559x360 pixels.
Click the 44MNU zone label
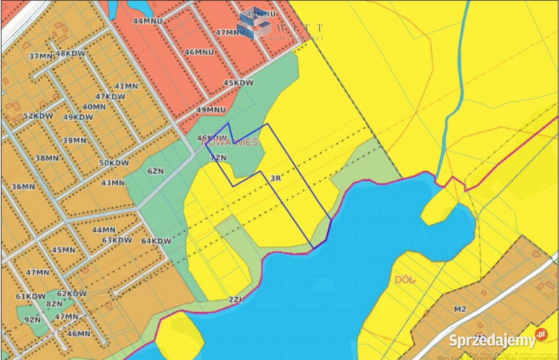tap(147, 20)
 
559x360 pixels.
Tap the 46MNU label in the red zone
tap(199, 52)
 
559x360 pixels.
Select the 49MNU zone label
tap(211, 110)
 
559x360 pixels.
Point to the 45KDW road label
tap(239, 83)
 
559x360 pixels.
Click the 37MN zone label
tap(41, 57)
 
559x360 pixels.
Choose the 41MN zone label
tap(126, 86)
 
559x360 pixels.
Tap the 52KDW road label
tap(38, 116)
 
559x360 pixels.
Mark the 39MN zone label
tap(75, 140)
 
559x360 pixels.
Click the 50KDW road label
tap(114, 163)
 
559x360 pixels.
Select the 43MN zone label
tap(113, 183)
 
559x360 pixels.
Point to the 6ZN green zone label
tap(155, 171)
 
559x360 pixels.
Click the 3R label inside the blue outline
tap(276, 179)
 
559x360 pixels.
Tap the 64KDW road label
tap(157, 241)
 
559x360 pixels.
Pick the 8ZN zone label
tap(54, 303)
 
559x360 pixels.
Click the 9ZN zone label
tap(33, 319)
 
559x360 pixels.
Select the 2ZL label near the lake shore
tap(235, 300)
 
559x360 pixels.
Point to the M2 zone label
tap(460, 309)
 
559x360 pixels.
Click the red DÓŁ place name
tap(405, 280)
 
